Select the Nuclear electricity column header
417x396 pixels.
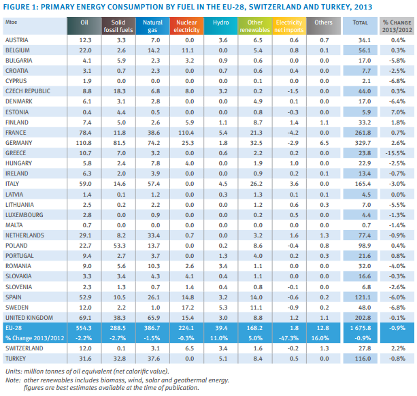pos(186,26)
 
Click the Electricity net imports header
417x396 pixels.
pos(288,26)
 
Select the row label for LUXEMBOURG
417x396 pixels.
pos(24,214)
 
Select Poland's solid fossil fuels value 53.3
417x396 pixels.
pos(119,245)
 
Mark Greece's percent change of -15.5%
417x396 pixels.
pos(396,153)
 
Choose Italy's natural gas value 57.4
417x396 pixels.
pos(152,184)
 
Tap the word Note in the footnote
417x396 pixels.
pos(12,380)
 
